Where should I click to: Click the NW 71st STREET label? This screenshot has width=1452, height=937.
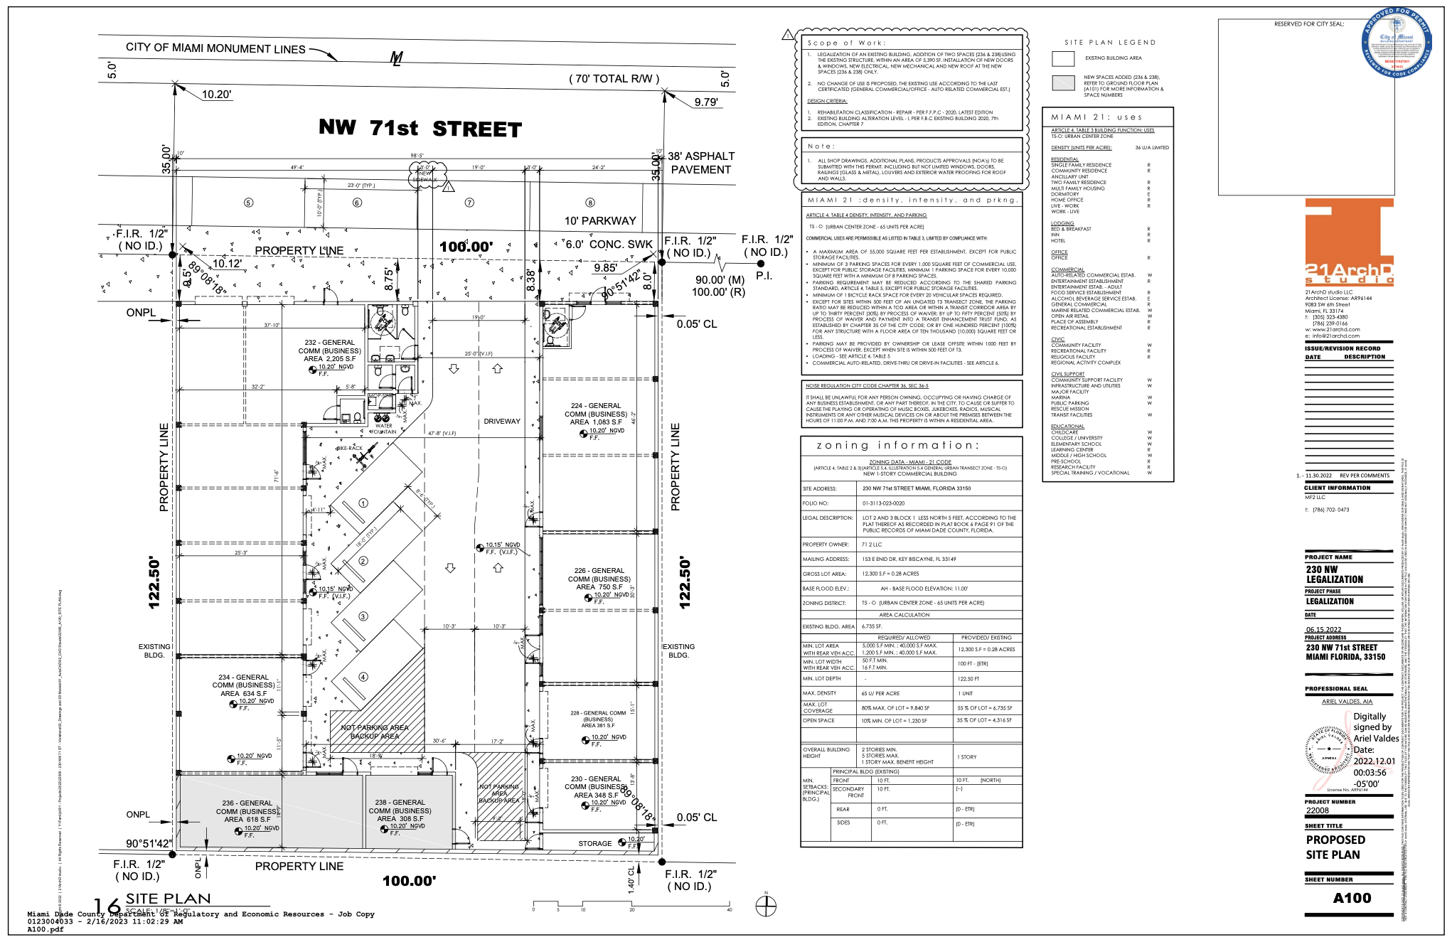click(x=420, y=129)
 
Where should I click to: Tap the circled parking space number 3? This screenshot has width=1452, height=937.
click(x=363, y=616)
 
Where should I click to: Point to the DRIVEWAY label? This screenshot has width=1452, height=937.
click(x=502, y=422)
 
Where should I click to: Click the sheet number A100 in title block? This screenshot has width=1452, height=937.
click(x=1352, y=898)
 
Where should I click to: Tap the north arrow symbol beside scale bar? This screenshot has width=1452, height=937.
click(x=766, y=906)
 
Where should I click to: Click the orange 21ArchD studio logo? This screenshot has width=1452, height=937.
click(x=1349, y=242)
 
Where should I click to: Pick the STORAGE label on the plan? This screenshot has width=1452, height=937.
click(x=594, y=844)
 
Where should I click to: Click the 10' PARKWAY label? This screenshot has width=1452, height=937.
click(x=600, y=221)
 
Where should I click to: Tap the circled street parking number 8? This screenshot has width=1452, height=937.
click(x=589, y=203)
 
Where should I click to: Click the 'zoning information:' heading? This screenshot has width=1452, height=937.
click(x=897, y=446)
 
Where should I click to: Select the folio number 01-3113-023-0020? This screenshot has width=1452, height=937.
click(x=883, y=503)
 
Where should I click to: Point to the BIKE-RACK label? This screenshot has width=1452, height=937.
click(x=349, y=449)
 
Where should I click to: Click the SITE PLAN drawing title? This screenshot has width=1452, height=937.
click(x=169, y=899)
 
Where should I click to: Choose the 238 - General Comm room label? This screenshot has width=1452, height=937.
click(x=400, y=810)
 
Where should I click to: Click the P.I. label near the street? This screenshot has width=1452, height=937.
click(x=764, y=276)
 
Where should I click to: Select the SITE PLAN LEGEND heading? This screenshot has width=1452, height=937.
click(x=1110, y=43)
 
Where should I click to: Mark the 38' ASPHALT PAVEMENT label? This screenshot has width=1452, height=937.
click(x=700, y=163)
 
